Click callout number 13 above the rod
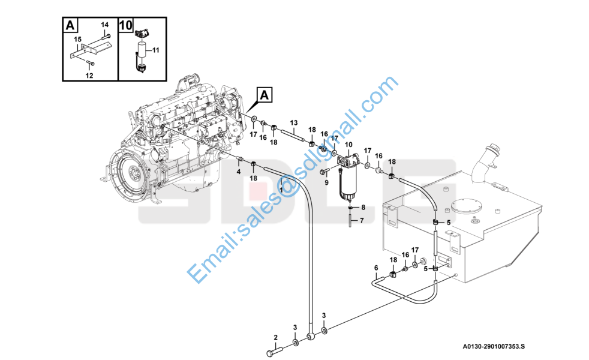point(294,123)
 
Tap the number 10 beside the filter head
point(348,145)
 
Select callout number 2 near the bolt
point(275,337)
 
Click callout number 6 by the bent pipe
point(376,268)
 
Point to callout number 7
point(362,221)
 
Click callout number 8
point(363,208)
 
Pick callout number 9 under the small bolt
point(326,182)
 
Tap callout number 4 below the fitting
point(239,172)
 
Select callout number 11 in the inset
point(156,50)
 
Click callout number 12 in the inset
point(89,76)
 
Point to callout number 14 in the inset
point(104,25)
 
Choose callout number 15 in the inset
point(77,40)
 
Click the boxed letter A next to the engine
point(265,95)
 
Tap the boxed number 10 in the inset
point(126,25)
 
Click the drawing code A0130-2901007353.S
point(494,346)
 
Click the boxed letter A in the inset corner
point(70,26)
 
